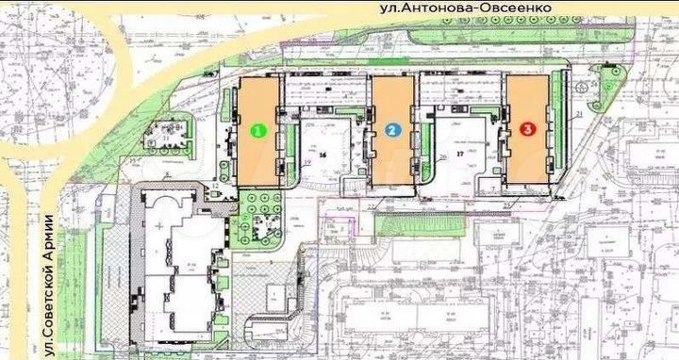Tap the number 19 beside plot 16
click(x=307, y=161)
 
